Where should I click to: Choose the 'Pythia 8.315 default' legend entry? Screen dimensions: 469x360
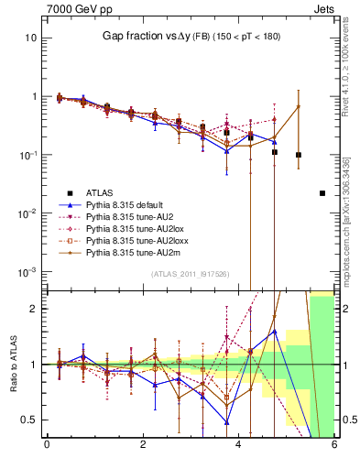(x=127, y=206)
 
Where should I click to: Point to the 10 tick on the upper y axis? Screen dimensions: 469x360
(x=31, y=38)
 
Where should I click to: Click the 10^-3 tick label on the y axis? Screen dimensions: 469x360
(x=27, y=271)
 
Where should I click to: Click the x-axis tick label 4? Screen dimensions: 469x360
(x=239, y=445)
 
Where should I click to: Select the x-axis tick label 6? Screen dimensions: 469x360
(x=334, y=445)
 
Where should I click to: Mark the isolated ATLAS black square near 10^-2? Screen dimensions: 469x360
(x=322, y=193)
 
